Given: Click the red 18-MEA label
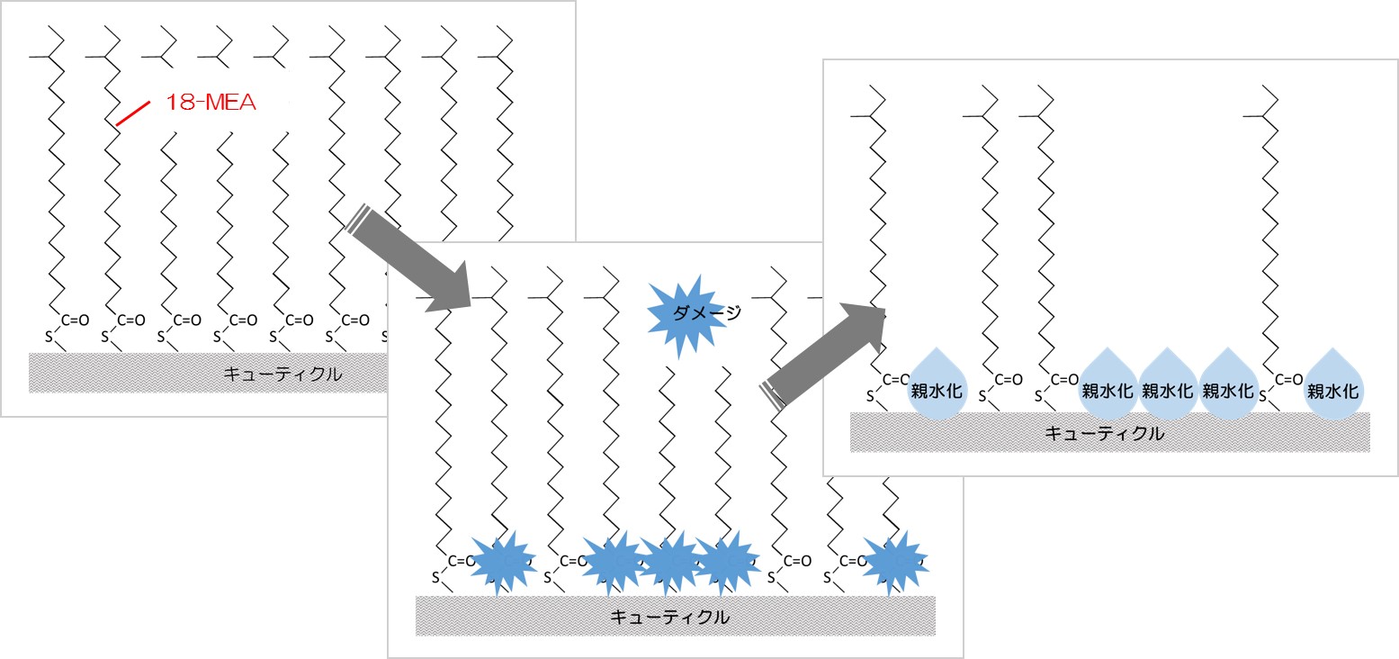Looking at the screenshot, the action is click(x=211, y=102).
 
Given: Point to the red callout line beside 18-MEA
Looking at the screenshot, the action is click(x=133, y=113).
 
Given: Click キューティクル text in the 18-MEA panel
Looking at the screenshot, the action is click(x=282, y=374).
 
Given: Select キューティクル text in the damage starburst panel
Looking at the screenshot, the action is click(x=669, y=617).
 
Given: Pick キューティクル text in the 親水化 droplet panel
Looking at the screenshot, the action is click(x=1104, y=433).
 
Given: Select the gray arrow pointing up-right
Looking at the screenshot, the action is click(x=822, y=355).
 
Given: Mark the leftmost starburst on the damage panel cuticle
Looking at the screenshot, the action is click(x=503, y=562).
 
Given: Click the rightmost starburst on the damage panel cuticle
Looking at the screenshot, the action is click(x=894, y=562).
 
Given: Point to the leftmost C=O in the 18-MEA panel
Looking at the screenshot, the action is click(x=75, y=320).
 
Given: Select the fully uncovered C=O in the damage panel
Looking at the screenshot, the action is click(x=797, y=561).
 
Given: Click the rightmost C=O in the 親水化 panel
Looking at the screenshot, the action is click(x=1288, y=380).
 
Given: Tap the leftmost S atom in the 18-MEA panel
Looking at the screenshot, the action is click(x=49, y=337).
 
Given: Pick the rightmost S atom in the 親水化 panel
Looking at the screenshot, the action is click(x=1262, y=396).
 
